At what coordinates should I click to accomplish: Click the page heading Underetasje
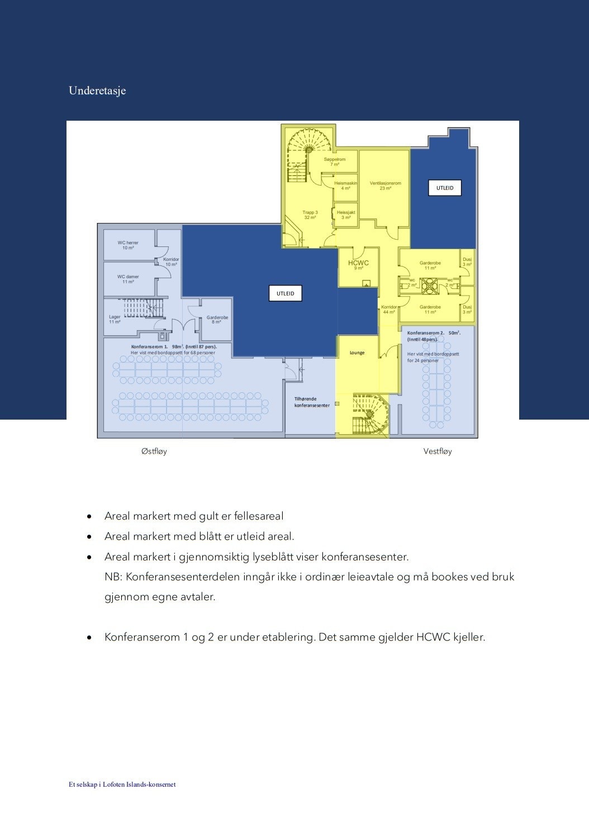coord(97,91)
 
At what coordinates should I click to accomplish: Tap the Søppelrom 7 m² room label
coord(335,162)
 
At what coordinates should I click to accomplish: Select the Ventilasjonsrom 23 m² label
coord(385,186)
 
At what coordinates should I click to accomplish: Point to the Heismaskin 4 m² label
coord(345,186)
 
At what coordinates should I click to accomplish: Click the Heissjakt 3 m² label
coord(346,215)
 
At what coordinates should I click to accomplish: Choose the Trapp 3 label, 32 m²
coord(310,215)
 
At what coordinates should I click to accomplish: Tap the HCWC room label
coord(358,264)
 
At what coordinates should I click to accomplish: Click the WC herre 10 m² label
coord(128,245)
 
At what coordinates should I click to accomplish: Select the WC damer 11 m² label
coord(128,279)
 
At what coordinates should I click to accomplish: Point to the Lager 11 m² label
coord(115,319)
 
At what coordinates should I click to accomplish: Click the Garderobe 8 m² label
coord(217,320)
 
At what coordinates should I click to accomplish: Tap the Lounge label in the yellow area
coord(357,353)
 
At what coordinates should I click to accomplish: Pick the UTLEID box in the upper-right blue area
coord(445,188)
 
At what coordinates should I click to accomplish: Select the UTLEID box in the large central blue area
coord(286,293)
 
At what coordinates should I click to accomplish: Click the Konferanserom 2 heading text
coord(434,333)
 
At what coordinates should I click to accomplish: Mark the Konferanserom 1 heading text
coord(173,346)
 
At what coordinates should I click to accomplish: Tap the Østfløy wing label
coord(154,451)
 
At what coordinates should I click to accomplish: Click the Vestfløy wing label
coord(438,451)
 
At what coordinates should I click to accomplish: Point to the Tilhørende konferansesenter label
coord(312,402)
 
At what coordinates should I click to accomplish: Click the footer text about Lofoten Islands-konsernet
coord(122,784)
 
